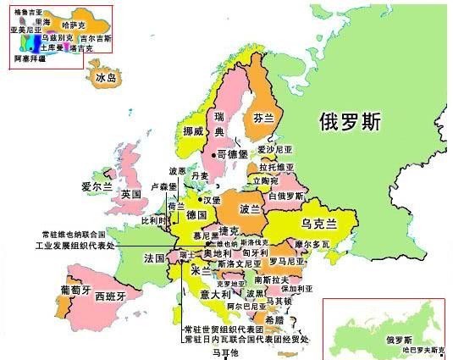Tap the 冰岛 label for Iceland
coord(106,78)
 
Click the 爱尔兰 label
coord(97,185)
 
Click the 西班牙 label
coord(110,296)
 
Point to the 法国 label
coord(154,258)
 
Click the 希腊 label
coord(274,319)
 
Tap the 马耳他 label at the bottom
coord(225,352)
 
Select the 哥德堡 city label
coord(231,154)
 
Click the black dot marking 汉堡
coord(201,199)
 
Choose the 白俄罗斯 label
coord(285,196)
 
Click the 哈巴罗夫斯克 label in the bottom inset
coord(423,349)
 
